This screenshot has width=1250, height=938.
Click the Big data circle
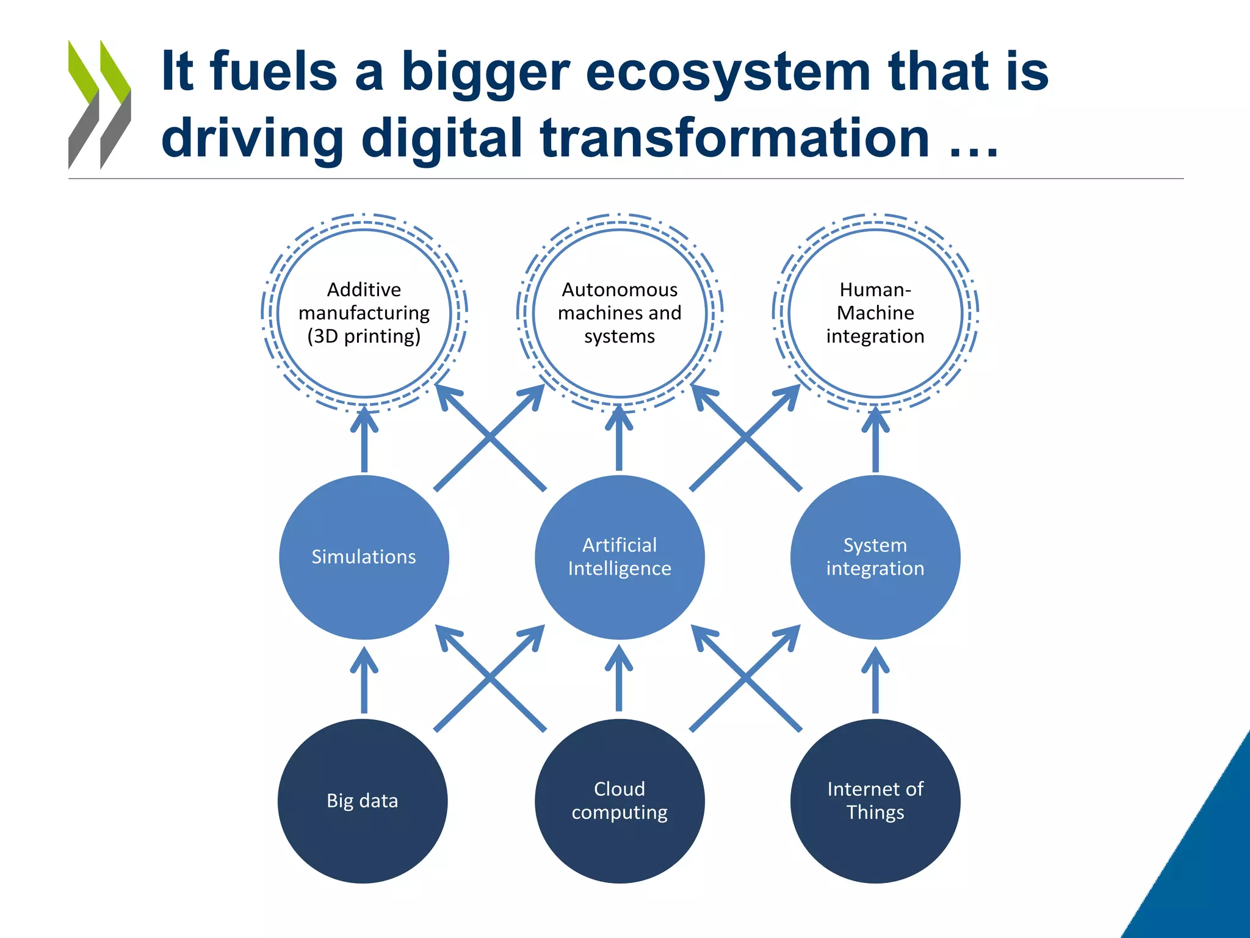click(x=363, y=801)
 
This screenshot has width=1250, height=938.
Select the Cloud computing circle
click(x=620, y=801)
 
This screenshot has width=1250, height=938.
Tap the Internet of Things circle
click(x=875, y=801)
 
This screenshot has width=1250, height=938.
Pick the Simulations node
click(x=364, y=557)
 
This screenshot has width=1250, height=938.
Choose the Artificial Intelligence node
click(x=620, y=557)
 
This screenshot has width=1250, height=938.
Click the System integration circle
click(x=875, y=557)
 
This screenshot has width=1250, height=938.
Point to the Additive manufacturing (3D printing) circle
click(x=364, y=313)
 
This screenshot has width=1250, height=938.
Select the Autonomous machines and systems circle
click(x=620, y=313)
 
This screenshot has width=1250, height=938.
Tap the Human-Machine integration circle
click(x=875, y=313)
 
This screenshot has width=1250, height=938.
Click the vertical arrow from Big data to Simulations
click(x=364, y=681)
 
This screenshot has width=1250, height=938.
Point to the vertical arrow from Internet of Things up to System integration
click(x=875, y=681)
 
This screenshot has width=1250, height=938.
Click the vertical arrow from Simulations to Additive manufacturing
click(x=364, y=440)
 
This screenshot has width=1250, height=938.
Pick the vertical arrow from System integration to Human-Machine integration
click(x=875, y=440)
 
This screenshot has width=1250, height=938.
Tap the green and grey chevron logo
click(x=99, y=104)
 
